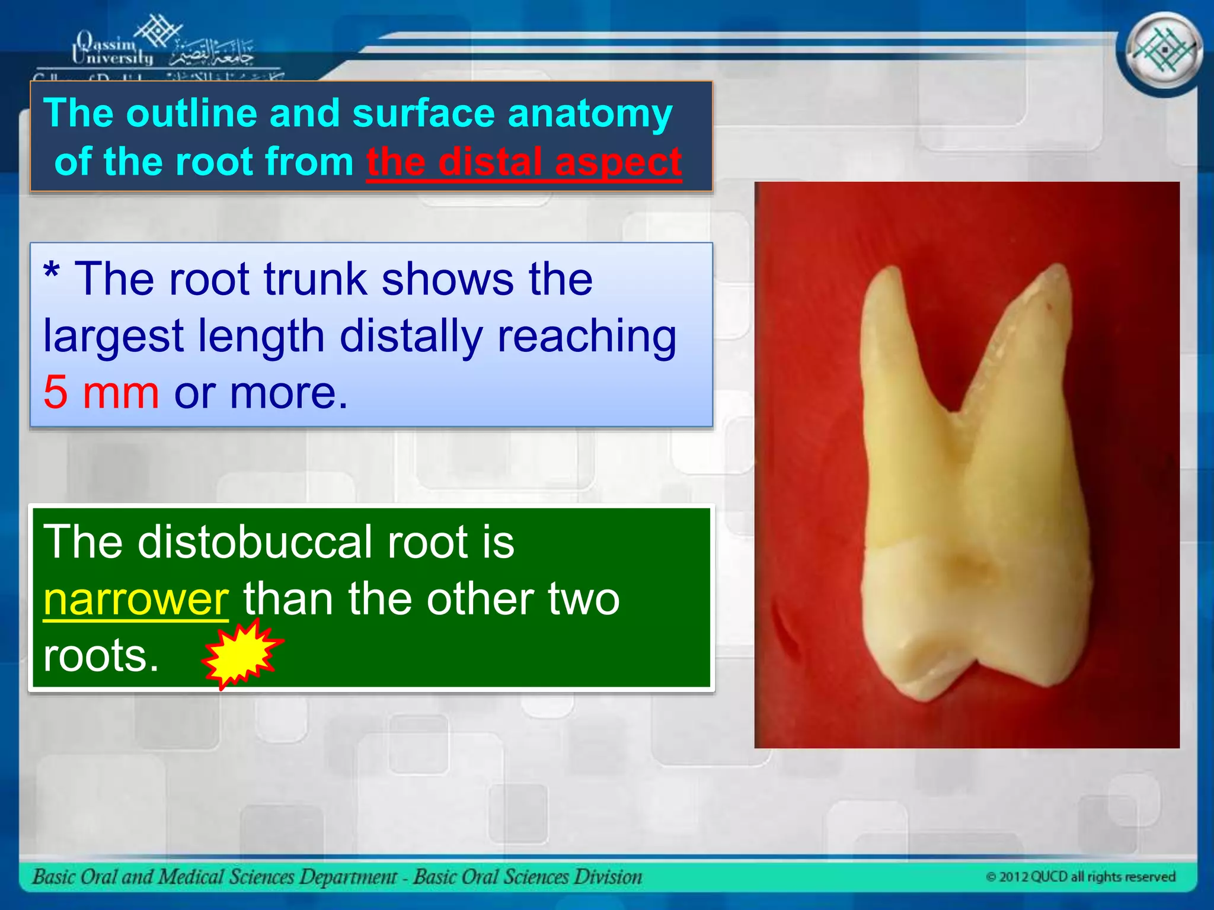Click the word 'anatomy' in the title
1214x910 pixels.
click(x=590, y=114)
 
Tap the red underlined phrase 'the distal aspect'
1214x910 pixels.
click(x=524, y=161)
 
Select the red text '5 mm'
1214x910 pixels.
click(x=101, y=392)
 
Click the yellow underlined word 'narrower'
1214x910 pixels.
click(x=136, y=599)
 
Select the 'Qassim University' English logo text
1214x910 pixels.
click(x=112, y=49)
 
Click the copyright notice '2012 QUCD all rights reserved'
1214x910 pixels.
click(x=1080, y=877)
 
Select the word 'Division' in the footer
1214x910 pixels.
click(x=607, y=876)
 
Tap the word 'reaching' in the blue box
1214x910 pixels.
click(x=586, y=336)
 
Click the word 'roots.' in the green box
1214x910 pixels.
click(x=101, y=656)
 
